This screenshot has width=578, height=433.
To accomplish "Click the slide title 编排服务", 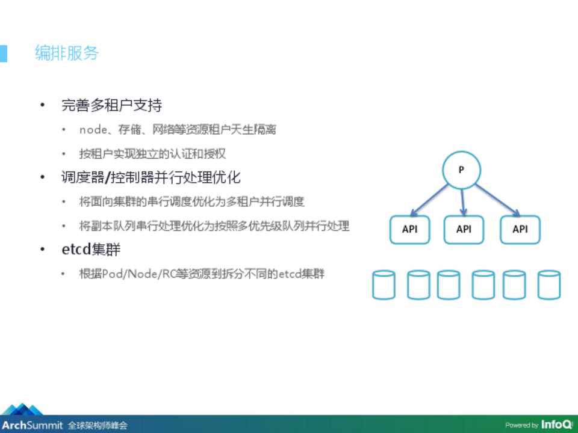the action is pyautogui.click(x=67, y=53).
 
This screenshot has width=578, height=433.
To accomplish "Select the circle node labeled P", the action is pyautogui.click(x=461, y=170).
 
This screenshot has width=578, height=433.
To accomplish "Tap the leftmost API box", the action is pyautogui.click(x=410, y=229).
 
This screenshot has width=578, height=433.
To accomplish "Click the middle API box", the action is pyautogui.click(x=464, y=229).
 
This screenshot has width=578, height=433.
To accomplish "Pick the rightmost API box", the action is pyautogui.click(x=520, y=229).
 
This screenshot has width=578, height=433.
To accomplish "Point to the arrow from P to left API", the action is pyautogui.click(x=429, y=200).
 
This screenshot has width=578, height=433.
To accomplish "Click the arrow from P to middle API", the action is pyautogui.click(x=462, y=202).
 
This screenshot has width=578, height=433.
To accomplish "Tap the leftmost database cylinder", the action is pyautogui.click(x=384, y=284).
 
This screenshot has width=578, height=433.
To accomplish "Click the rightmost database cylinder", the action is pyautogui.click(x=549, y=284).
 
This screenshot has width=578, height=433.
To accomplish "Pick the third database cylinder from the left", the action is pyautogui.click(x=448, y=284).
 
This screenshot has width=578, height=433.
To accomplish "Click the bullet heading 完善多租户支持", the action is pyautogui.click(x=112, y=105).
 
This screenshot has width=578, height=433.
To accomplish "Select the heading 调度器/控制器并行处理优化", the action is pyautogui.click(x=151, y=177).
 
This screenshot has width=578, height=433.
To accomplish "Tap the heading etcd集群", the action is pyautogui.click(x=91, y=249).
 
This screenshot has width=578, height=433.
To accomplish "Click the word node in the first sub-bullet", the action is pyautogui.click(x=93, y=130).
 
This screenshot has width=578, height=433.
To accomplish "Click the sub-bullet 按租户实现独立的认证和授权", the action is pyautogui.click(x=152, y=153).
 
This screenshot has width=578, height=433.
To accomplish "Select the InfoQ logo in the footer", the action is pyautogui.click(x=557, y=425).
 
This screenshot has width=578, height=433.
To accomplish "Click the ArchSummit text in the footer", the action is pyautogui.click(x=33, y=425).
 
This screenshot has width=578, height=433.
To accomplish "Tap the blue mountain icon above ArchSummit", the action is pyautogui.click(x=23, y=409).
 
